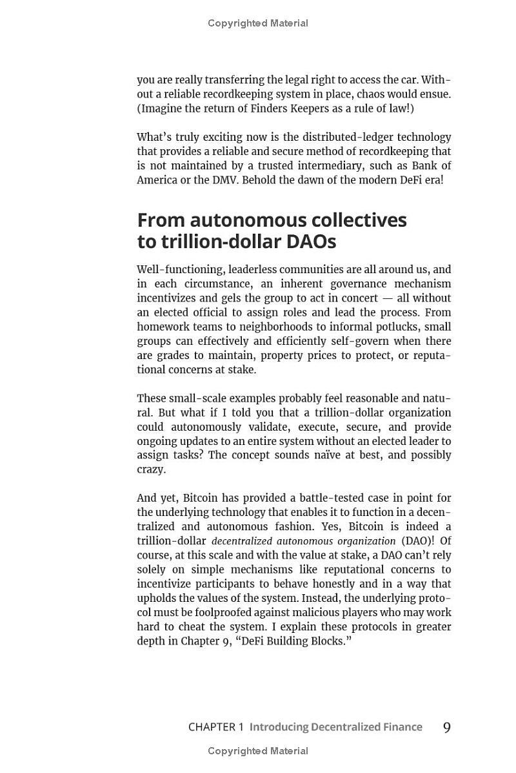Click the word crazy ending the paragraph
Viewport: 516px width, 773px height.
tap(151, 469)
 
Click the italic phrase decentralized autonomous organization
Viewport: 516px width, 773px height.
tap(303, 541)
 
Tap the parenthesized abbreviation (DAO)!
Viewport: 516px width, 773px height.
tap(417, 541)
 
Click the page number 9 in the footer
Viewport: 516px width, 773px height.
tap(446, 728)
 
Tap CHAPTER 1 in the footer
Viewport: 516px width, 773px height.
tap(215, 727)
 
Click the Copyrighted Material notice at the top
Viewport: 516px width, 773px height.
tap(258, 23)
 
